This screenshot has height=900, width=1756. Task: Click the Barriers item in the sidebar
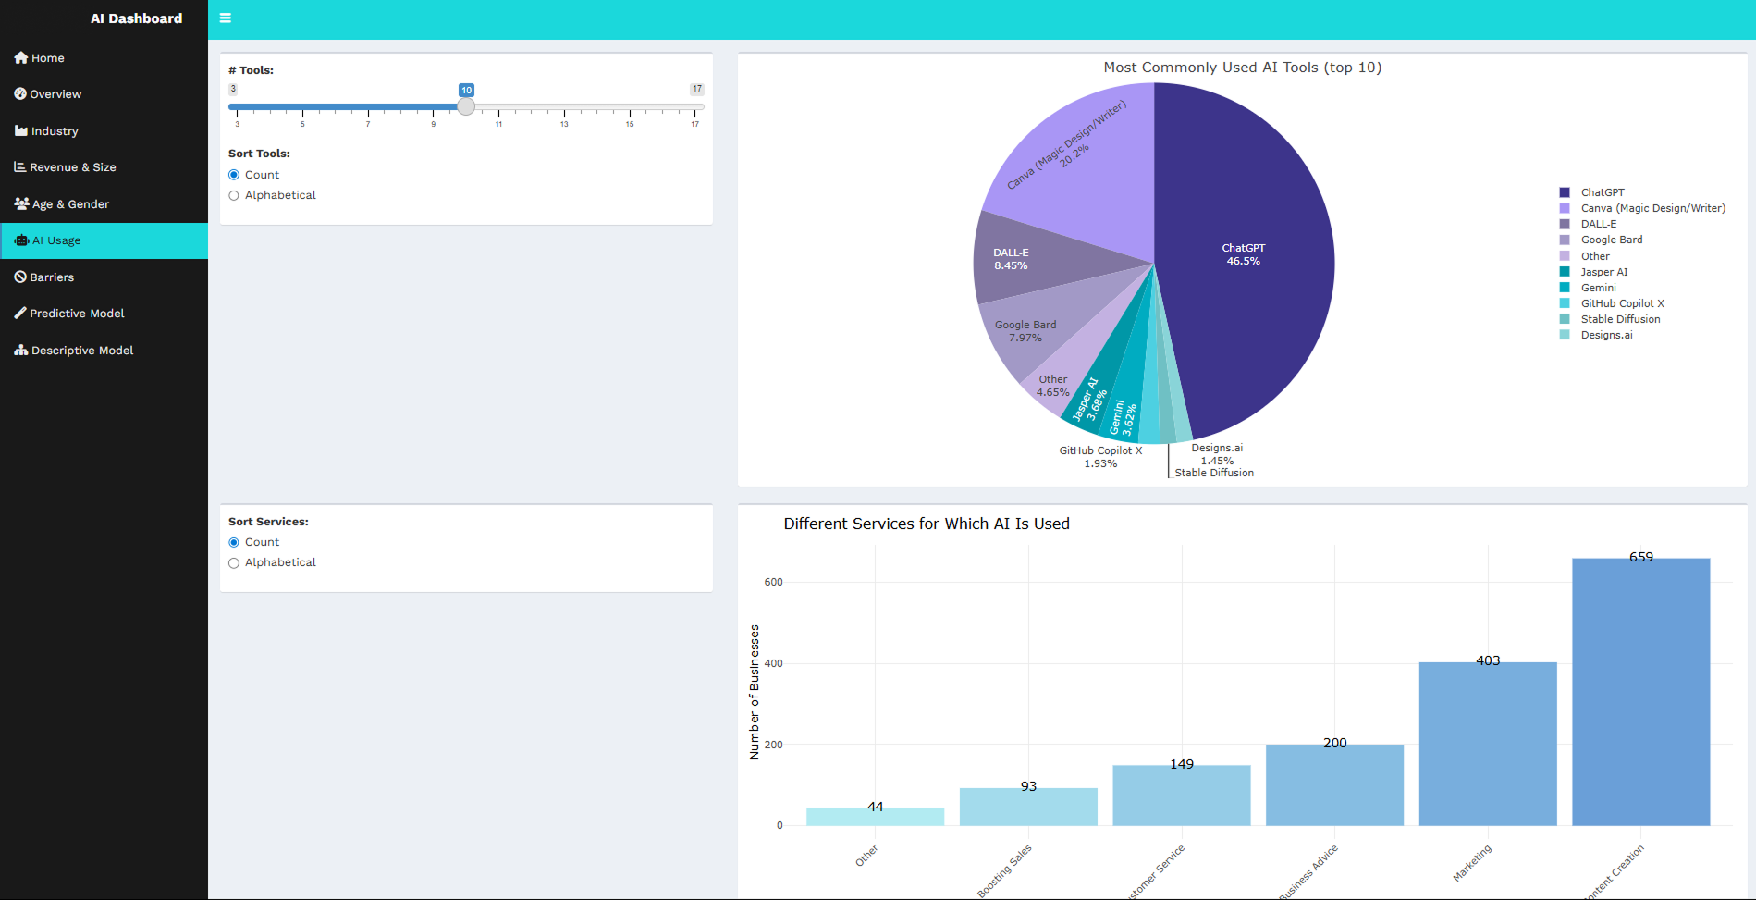click(52, 277)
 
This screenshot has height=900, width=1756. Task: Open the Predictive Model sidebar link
click(77, 314)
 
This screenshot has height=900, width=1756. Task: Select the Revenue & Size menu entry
click(72, 167)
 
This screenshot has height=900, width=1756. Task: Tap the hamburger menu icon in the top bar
click(226, 18)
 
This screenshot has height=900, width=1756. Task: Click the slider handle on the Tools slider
click(466, 106)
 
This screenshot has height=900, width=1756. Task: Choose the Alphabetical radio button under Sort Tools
click(234, 195)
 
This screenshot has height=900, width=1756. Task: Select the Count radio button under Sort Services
click(234, 542)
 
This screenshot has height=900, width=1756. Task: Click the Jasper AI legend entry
click(1603, 272)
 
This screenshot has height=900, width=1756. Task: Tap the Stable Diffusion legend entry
click(1620, 319)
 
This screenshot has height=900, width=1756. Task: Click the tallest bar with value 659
click(1640, 694)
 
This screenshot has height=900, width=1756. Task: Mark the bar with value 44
click(875, 817)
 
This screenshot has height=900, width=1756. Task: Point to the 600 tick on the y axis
click(773, 583)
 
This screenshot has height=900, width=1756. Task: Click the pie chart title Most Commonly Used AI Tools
click(1242, 68)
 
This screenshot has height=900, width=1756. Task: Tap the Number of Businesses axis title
click(755, 692)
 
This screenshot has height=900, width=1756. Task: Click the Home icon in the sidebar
click(21, 57)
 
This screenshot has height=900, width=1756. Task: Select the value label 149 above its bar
click(1182, 764)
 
